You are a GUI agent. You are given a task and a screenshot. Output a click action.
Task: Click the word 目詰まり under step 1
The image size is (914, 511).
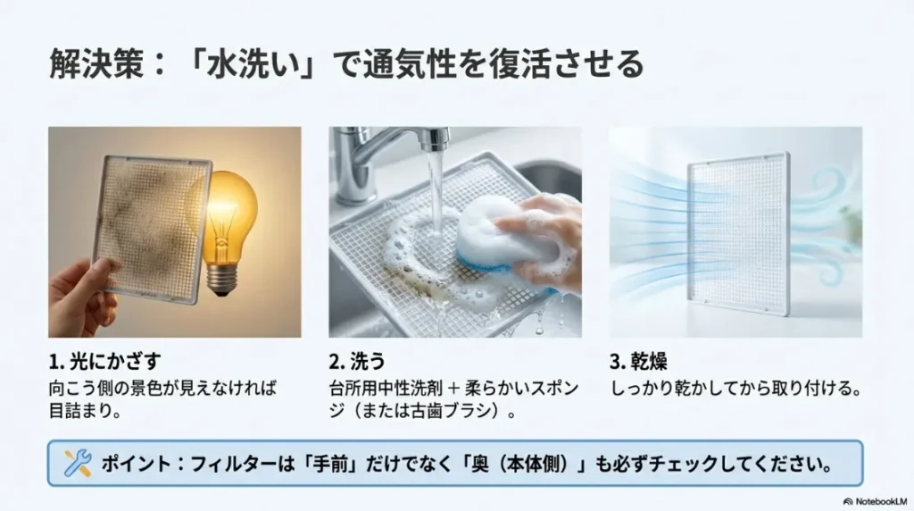[x=84, y=413]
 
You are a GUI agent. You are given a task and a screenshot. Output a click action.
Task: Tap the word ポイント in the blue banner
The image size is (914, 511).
[x=135, y=463]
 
